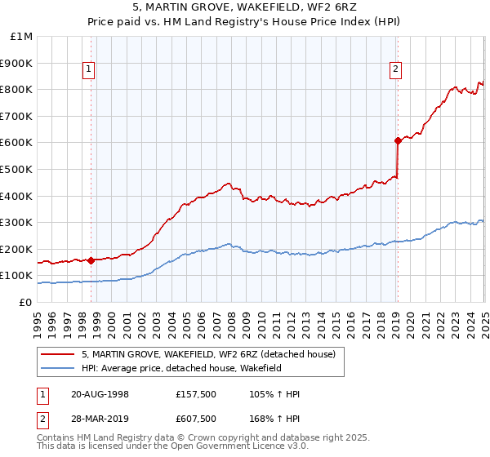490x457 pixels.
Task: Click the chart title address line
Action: (x=246, y=7)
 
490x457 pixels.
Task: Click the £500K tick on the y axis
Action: (x=16, y=169)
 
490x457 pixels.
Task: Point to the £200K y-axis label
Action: (x=16, y=249)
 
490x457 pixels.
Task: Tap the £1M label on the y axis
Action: (x=21, y=37)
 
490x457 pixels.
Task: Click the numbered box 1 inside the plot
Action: (x=88, y=70)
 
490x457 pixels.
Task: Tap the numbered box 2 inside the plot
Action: (x=395, y=70)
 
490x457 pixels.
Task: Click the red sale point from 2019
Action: (x=398, y=140)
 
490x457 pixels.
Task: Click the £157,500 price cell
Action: (x=195, y=393)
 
